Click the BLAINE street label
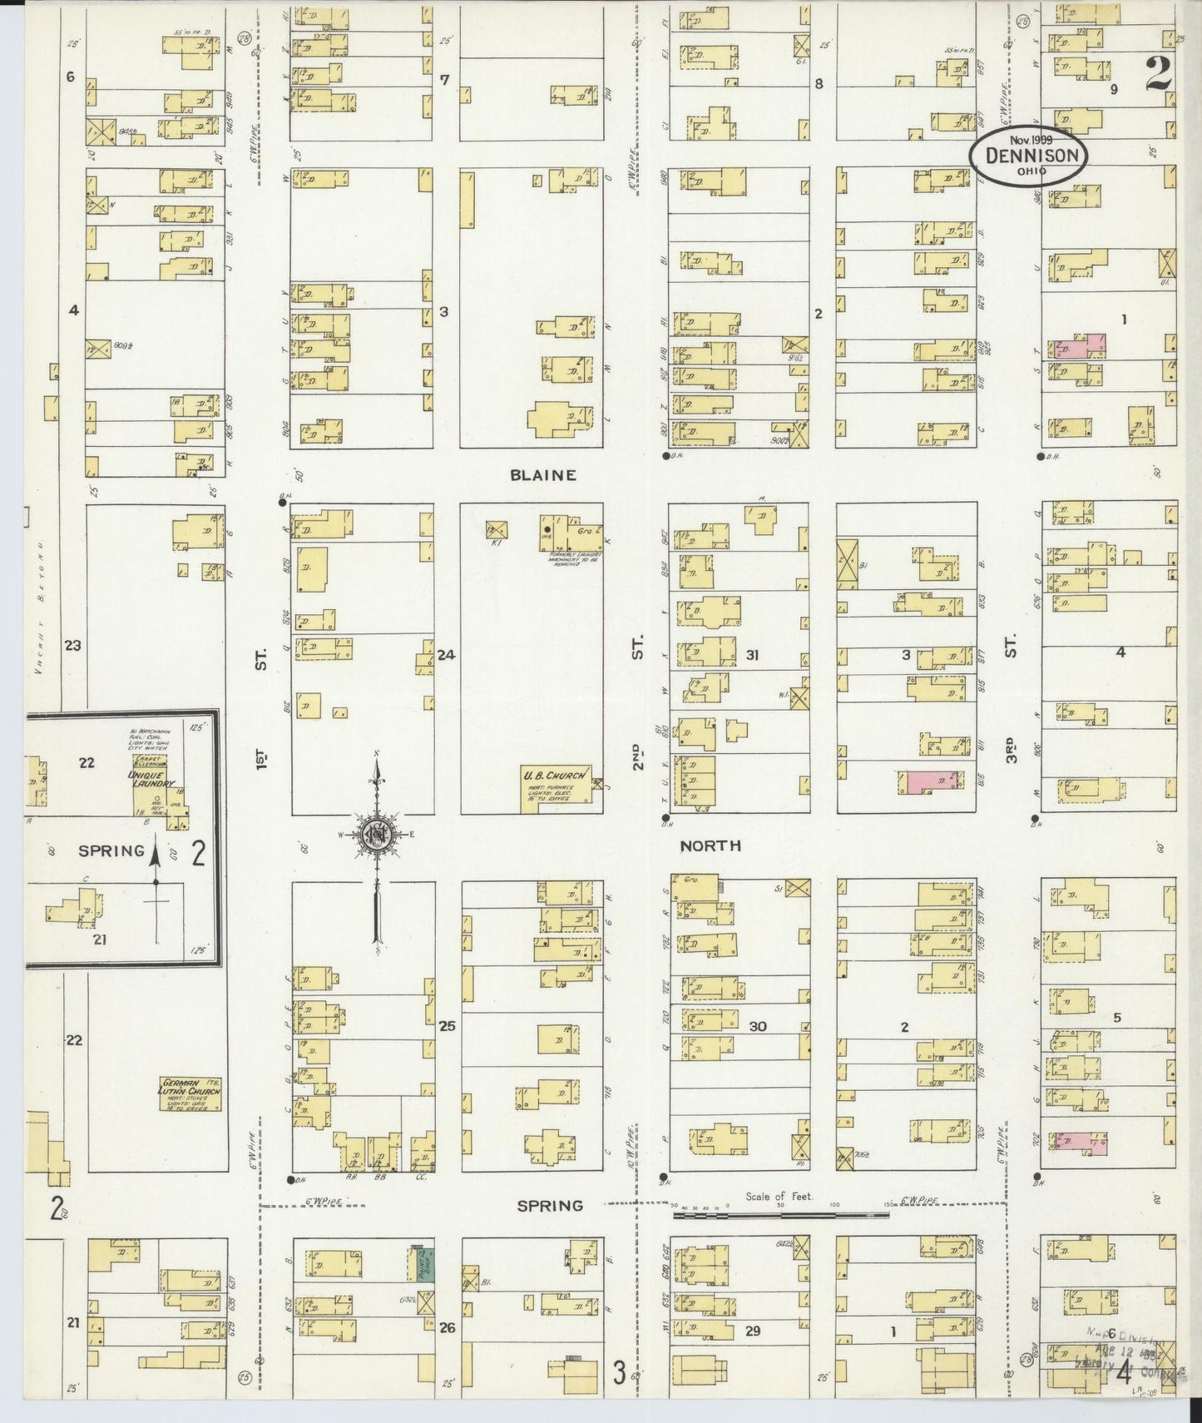[x=543, y=476]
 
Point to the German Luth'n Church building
[x=191, y=1093]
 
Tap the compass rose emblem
[x=378, y=835]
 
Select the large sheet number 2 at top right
[x=1158, y=75]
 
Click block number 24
[x=447, y=655]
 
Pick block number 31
[x=752, y=655]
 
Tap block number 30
[x=757, y=1026]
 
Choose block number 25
[x=448, y=1026]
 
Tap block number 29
[x=752, y=1331]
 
